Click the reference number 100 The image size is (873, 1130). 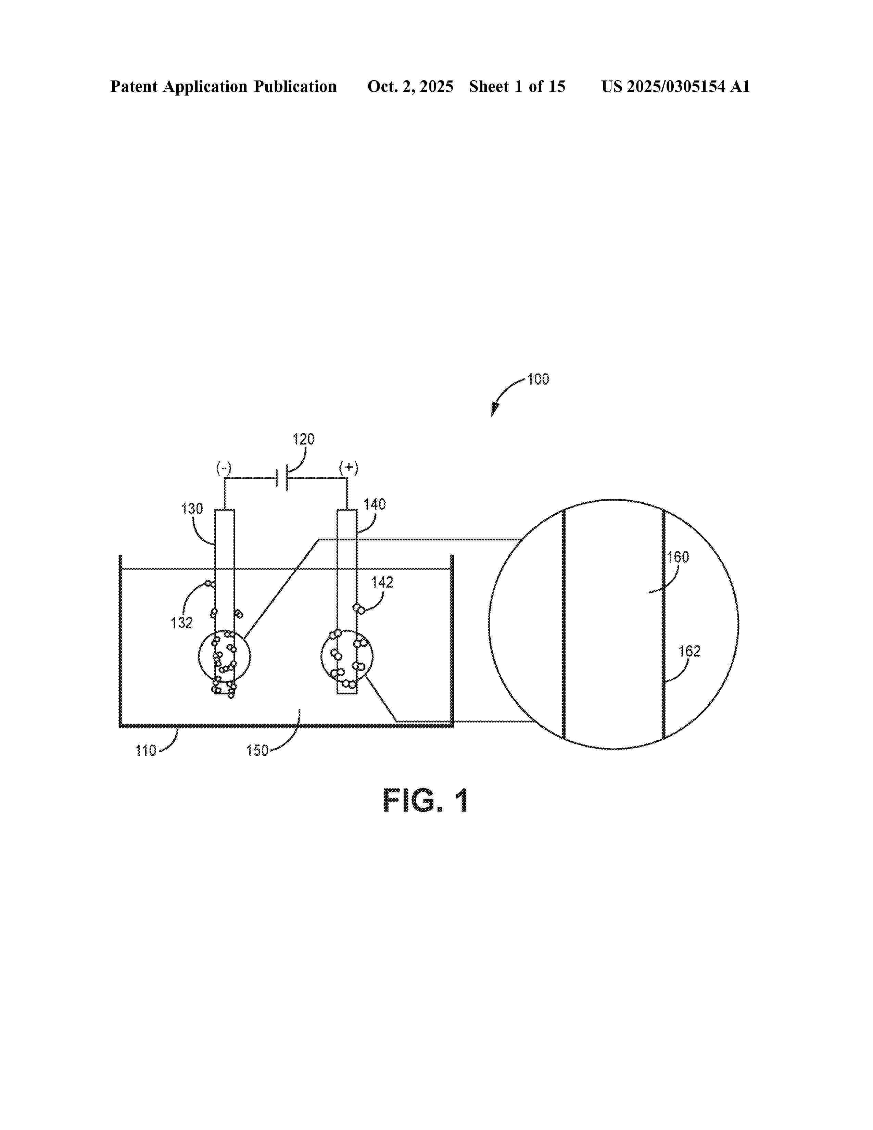click(538, 379)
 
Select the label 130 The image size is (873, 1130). click(192, 508)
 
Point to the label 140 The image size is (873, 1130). click(375, 504)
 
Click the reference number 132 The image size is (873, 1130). click(181, 623)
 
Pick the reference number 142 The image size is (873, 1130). click(382, 582)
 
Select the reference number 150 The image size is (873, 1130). click(257, 750)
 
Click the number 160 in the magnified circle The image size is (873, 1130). click(678, 557)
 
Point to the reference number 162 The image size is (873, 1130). click(689, 651)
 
